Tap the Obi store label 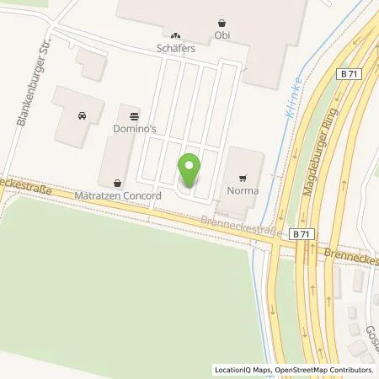(x=222, y=35)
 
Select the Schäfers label (x=175, y=49)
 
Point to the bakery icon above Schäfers (x=175, y=35)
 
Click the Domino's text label (x=133, y=130)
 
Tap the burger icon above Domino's (x=133, y=116)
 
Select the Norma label (x=243, y=191)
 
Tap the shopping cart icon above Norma (x=243, y=178)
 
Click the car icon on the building (x=82, y=115)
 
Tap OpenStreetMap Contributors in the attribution (x=326, y=370)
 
